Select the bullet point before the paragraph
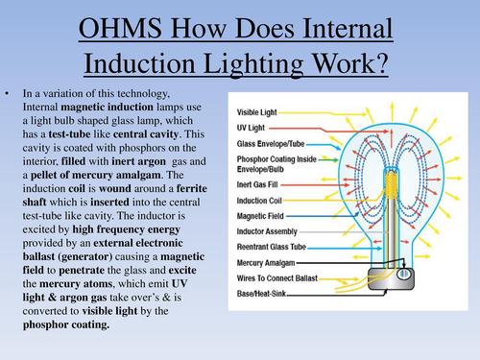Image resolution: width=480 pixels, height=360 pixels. click(x=9, y=92)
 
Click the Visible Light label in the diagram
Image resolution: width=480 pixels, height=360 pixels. click(x=260, y=111)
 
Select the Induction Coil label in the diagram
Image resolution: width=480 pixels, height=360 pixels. click(x=264, y=201)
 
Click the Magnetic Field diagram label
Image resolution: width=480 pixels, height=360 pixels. click(x=265, y=215)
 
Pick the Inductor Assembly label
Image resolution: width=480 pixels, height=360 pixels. click(x=272, y=230)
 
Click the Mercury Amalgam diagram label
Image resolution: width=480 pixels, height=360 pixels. click(x=271, y=262)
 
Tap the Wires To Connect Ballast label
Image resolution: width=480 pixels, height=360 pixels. click(x=282, y=277)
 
